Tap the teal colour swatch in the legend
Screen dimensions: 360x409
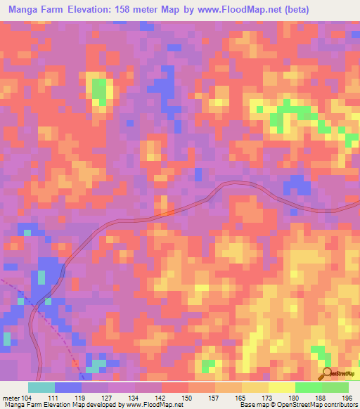(41, 387)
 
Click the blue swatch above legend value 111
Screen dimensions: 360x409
(68, 387)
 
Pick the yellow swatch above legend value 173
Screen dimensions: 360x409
(255, 387)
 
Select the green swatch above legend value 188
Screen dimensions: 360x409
(309, 387)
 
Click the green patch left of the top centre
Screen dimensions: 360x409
(101, 91)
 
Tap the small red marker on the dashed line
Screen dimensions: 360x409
(75, 361)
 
